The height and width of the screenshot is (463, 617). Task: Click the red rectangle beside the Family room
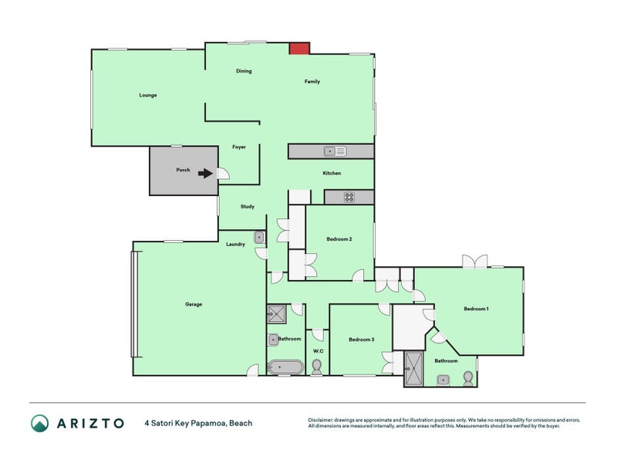tap(299, 49)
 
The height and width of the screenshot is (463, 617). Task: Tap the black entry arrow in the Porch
tap(205, 174)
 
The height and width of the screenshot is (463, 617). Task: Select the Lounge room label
tap(148, 95)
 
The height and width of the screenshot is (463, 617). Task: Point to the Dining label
tap(244, 71)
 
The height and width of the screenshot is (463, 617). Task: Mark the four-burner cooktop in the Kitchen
tap(349, 197)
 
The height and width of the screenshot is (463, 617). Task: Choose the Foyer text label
tap(239, 147)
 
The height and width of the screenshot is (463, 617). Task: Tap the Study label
tap(247, 206)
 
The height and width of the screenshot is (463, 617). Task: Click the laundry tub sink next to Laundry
tap(260, 237)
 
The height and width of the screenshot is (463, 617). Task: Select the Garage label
tap(194, 304)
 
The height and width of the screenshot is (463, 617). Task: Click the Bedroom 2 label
tap(339, 239)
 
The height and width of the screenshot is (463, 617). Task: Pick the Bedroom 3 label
tap(361, 340)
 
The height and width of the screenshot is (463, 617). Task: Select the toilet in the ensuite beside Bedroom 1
tap(467, 377)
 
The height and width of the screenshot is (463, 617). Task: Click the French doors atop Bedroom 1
tap(475, 262)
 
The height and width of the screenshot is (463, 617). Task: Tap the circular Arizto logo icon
tap(40, 423)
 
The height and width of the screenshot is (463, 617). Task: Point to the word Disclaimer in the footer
tap(324, 420)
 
